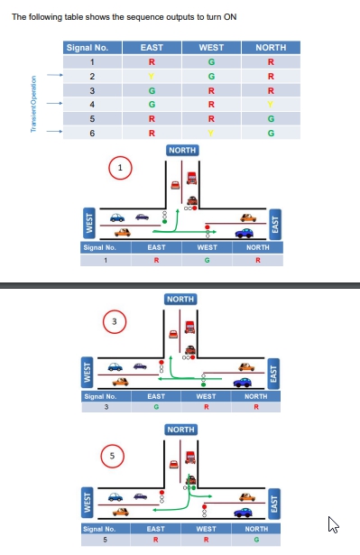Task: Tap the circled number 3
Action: (114, 320)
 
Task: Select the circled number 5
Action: (113, 456)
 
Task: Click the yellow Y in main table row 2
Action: (152, 76)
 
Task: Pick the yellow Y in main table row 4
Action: (270, 104)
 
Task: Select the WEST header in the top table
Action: (211, 48)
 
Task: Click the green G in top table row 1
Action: (211, 62)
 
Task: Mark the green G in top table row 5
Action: (270, 118)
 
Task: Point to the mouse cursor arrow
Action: (332, 523)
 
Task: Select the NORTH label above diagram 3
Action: (180, 299)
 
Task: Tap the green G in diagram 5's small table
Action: (258, 540)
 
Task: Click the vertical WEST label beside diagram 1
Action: (88, 222)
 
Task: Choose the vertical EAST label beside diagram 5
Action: (275, 500)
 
